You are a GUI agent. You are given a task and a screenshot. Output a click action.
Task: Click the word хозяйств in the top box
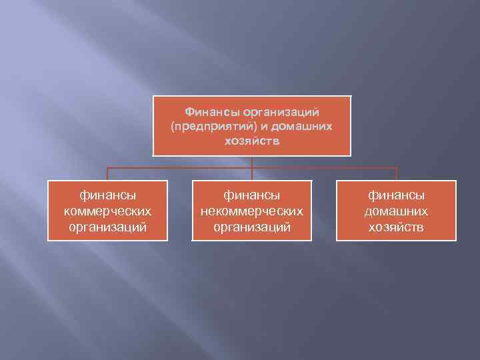click(x=252, y=141)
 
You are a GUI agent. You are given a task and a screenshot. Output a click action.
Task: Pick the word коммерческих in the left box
click(x=107, y=211)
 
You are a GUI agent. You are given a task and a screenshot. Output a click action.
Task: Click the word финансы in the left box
click(x=107, y=195)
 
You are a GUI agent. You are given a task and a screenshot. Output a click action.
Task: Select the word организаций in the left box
click(x=107, y=227)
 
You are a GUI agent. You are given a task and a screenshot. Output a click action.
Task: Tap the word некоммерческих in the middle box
click(x=252, y=211)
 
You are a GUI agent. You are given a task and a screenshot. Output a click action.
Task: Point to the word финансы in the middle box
click(x=252, y=195)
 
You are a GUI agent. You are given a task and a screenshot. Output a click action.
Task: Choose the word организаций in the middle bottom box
click(x=252, y=227)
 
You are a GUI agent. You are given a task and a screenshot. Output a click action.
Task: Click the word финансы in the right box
click(x=397, y=195)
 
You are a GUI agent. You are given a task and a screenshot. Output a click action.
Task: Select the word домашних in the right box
click(x=397, y=211)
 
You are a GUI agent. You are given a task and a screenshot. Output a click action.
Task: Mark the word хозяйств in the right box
click(x=397, y=227)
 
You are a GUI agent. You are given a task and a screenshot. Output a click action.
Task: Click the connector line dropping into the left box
click(x=107, y=174)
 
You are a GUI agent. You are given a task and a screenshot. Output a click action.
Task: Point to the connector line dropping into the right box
click(x=397, y=174)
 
